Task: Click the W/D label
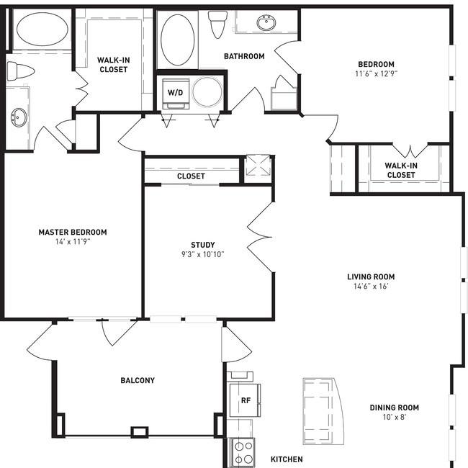[x=175, y=93]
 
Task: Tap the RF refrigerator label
[x=246, y=400]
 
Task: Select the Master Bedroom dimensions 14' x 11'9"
[x=73, y=241]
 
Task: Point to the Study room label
[x=203, y=245]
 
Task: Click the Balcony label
[x=138, y=380]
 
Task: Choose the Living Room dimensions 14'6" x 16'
[x=371, y=287]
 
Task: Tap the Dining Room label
[x=395, y=408]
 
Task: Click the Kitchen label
[x=287, y=459]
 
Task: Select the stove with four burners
[x=243, y=453]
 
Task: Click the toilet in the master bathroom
[x=20, y=71]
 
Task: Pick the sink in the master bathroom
[x=19, y=117]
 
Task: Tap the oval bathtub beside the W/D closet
[x=178, y=40]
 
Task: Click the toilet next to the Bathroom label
[x=217, y=24]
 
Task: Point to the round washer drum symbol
[x=207, y=92]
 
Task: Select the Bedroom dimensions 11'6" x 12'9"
[x=376, y=73]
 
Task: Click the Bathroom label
[x=244, y=56]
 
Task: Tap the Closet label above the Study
[x=191, y=176]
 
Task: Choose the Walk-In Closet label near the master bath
[x=114, y=65]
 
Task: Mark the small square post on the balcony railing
[x=140, y=432]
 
